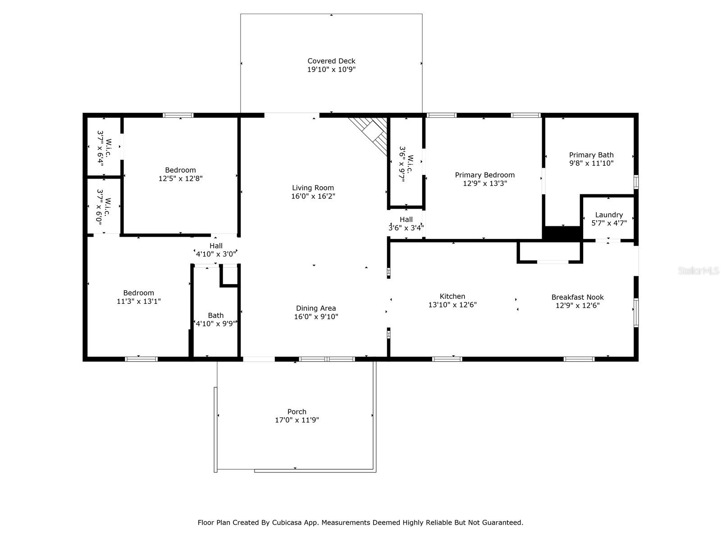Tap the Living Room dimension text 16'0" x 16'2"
(x=313, y=196)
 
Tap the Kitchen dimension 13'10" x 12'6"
(x=452, y=305)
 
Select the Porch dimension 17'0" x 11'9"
(x=297, y=420)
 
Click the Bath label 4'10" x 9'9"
(x=215, y=320)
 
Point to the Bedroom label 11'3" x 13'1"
(x=139, y=297)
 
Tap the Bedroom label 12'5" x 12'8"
(x=180, y=174)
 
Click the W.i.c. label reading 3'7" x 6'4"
(x=104, y=148)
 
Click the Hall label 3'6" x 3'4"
(x=406, y=223)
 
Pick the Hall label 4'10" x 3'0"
(x=216, y=250)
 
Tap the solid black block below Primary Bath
(x=562, y=233)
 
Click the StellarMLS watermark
(x=698, y=271)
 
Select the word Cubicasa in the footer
(x=285, y=522)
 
